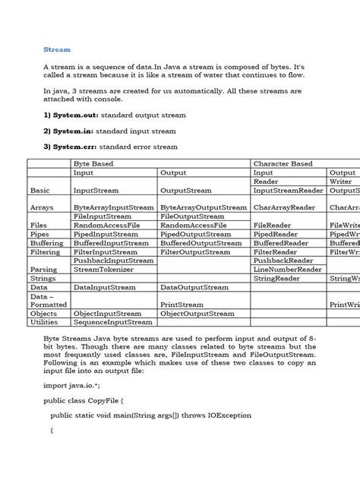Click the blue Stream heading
click(x=56, y=49)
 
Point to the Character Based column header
click(x=282, y=163)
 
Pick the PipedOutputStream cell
click(x=196, y=235)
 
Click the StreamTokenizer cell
click(x=105, y=270)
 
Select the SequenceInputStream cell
click(x=112, y=322)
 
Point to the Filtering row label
click(x=45, y=252)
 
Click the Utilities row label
click(x=44, y=322)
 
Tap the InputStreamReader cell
click(x=288, y=191)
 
